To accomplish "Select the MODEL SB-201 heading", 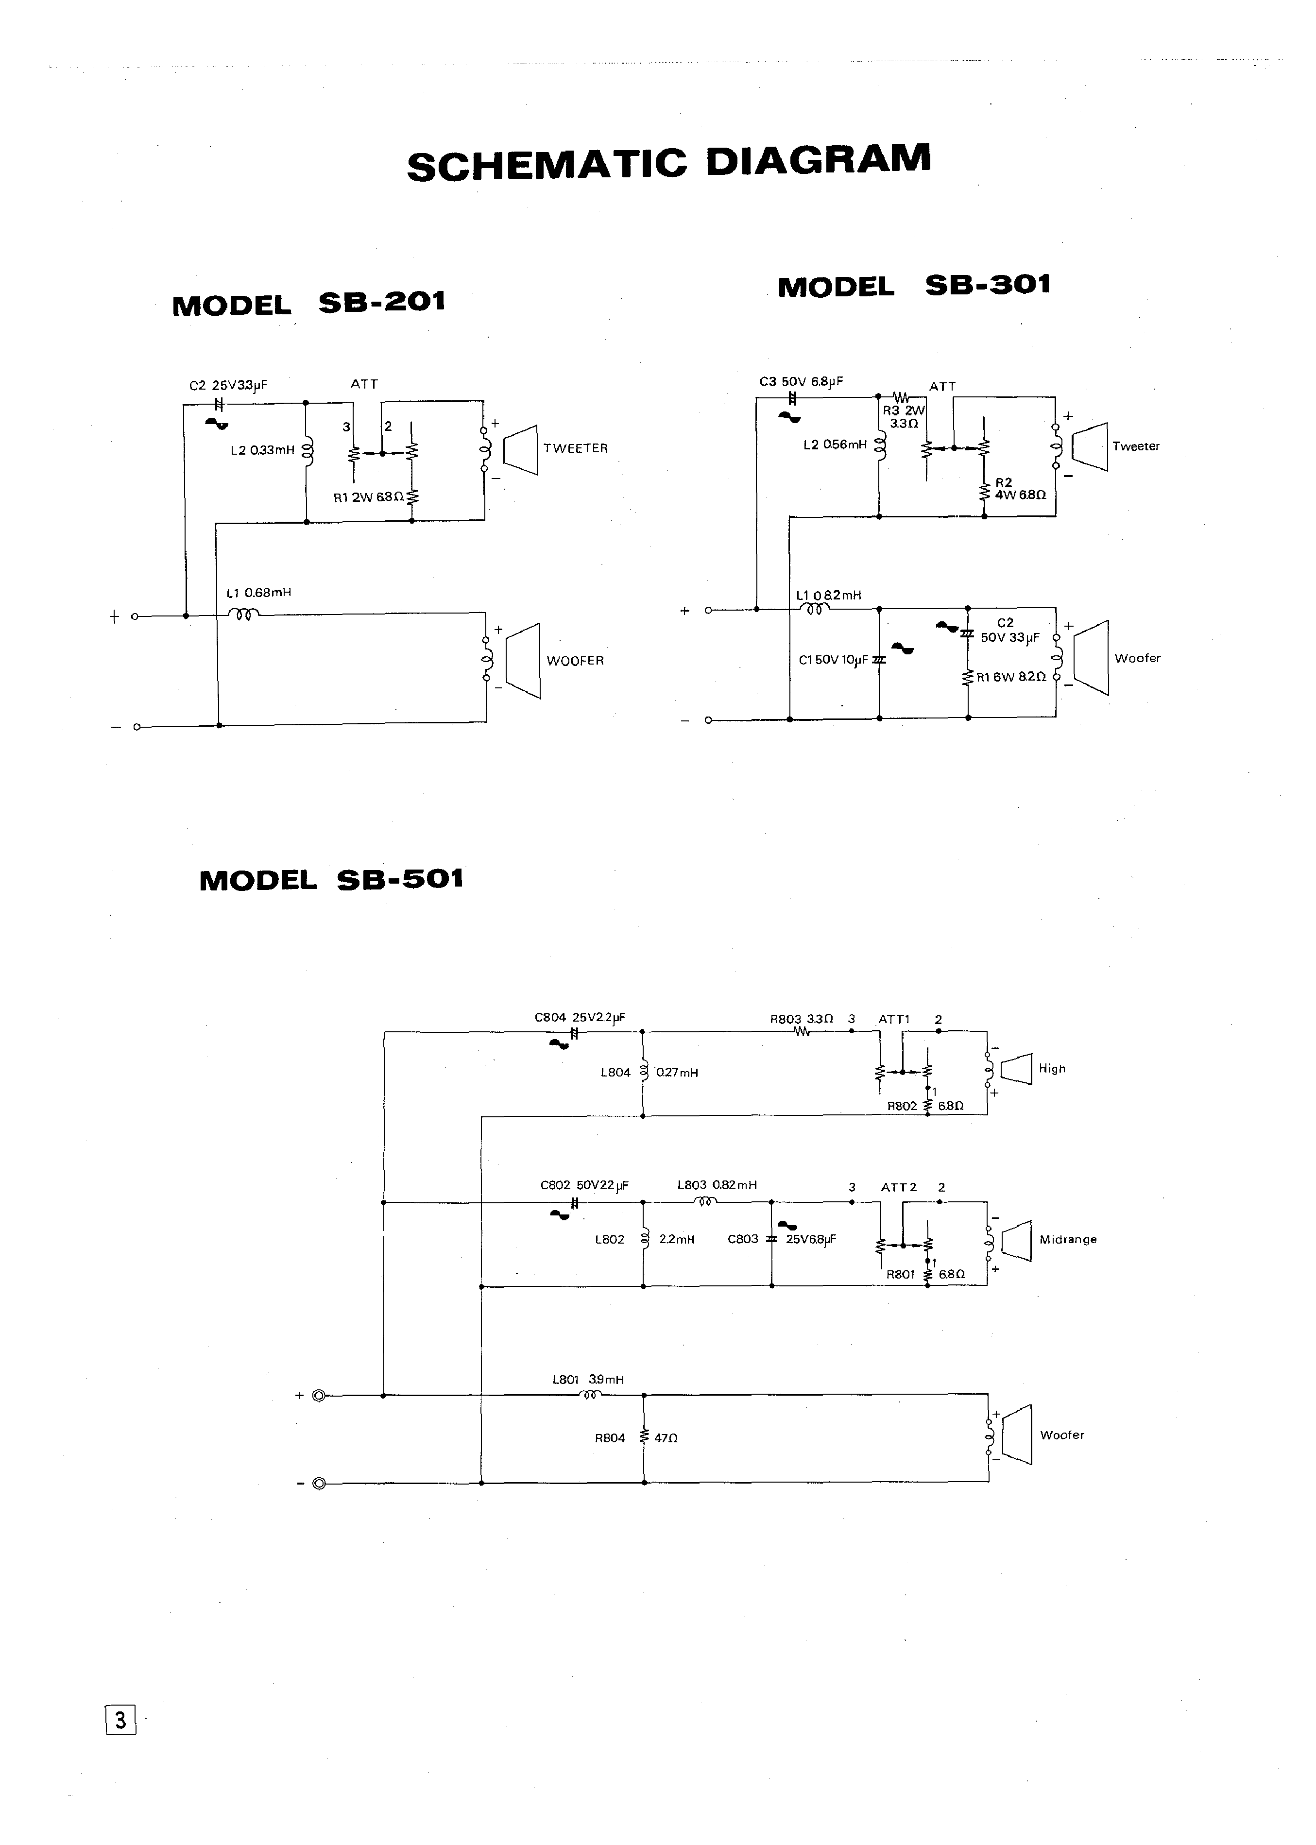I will [x=309, y=304].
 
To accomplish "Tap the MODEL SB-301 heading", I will [x=913, y=285].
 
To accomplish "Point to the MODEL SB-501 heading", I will [x=331, y=880].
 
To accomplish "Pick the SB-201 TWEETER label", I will [x=575, y=448].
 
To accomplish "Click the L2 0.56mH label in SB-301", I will [x=835, y=445].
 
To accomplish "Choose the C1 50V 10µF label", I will [x=833, y=660].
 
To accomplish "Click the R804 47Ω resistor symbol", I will [x=644, y=1437].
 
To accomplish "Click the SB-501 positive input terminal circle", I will [x=319, y=1395].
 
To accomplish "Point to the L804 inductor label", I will [x=615, y=1073].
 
